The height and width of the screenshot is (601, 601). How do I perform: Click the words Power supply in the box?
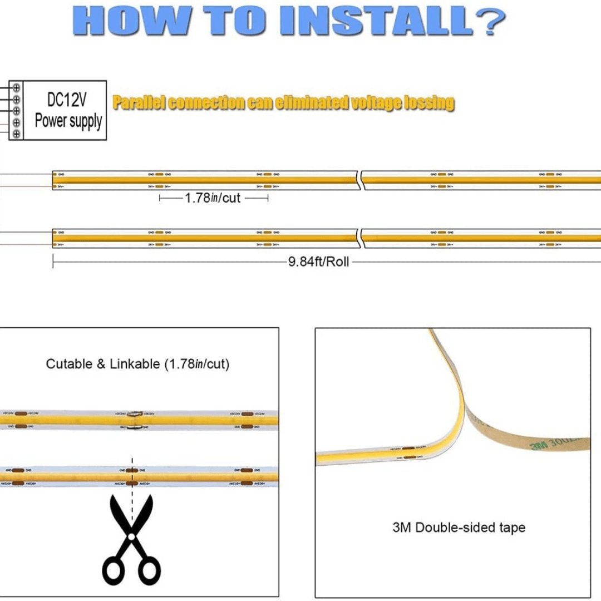click(68, 121)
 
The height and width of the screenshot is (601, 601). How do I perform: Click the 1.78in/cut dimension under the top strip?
click(213, 198)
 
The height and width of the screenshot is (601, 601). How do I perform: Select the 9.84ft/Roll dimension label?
click(318, 262)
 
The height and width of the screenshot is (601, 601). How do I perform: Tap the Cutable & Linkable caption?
click(137, 364)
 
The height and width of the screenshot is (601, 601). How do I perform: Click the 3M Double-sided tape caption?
click(459, 528)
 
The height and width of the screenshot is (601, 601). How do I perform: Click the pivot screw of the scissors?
click(132, 536)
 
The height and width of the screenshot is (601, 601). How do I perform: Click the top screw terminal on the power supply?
click(17, 87)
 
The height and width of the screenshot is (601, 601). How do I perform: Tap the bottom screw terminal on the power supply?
click(17, 134)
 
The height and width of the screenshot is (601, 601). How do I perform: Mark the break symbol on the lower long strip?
click(359, 238)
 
